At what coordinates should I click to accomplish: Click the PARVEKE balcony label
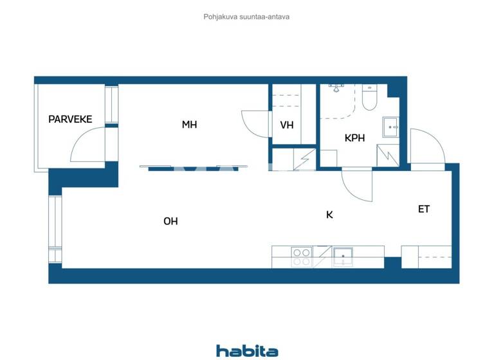pos(70,119)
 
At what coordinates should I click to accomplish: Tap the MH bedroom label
pos(189,125)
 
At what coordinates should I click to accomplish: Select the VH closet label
pos(287,125)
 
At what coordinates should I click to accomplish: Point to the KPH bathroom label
pos(354,138)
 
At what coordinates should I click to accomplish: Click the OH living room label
pos(170,221)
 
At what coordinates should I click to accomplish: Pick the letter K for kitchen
pos(329,215)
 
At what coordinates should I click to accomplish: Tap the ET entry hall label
pos(424,209)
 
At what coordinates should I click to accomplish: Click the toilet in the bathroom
pos(370,98)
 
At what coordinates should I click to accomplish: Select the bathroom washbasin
pos(390,127)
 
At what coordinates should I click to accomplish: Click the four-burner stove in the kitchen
pos(302,257)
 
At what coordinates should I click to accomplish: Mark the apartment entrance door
pos(426,147)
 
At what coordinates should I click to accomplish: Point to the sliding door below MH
pos(193,168)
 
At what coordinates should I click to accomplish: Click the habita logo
pos(247,350)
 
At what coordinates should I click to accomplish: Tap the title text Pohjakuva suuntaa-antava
pos(246,17)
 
